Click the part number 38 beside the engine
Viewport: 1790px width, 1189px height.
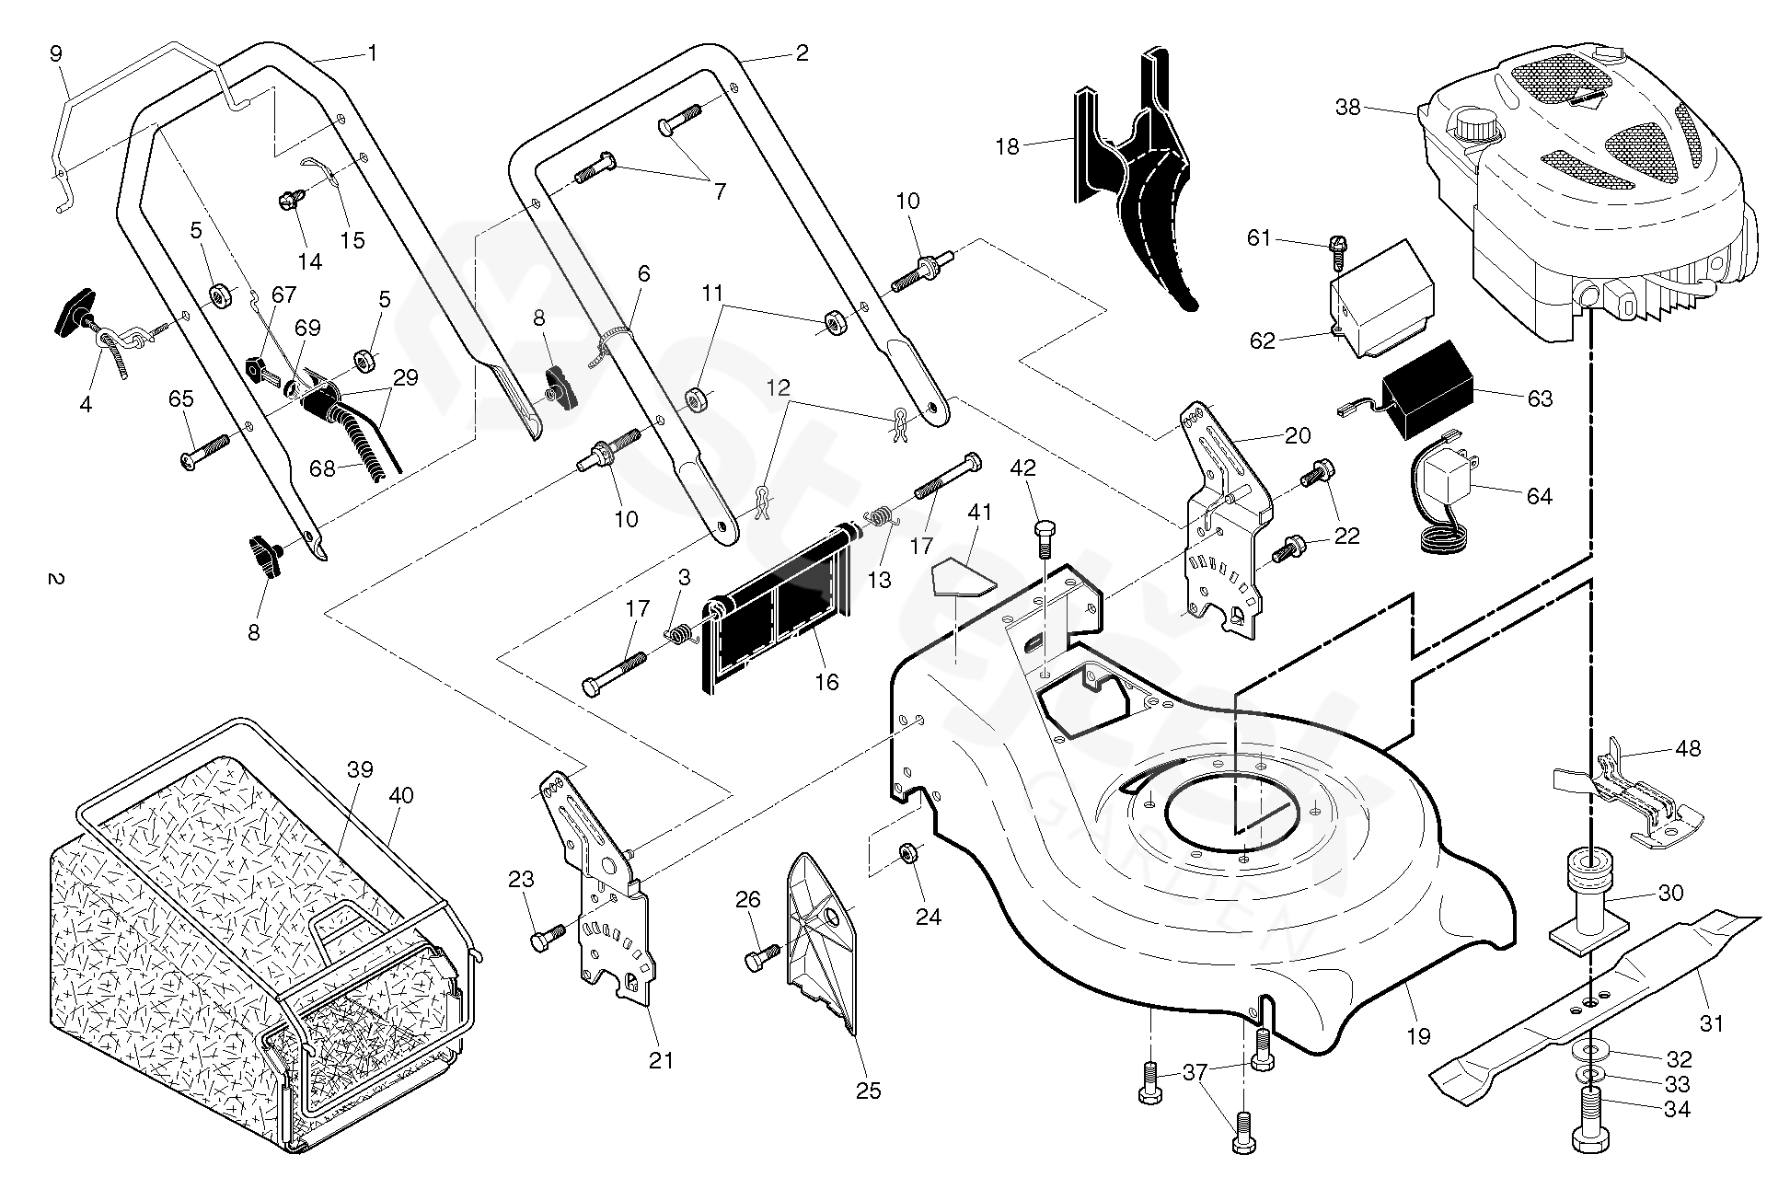click(1347, 108)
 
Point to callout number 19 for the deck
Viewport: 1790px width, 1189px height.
click(1418, 1035)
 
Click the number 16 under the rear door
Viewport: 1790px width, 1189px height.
click(826, 681)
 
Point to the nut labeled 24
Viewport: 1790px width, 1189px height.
click(907, 853)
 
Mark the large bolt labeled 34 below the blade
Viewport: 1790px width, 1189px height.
click(1590, 1115)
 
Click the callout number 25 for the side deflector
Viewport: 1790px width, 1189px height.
click(868, 1091)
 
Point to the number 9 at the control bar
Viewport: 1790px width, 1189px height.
click(55, 53)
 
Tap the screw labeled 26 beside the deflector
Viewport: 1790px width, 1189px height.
click(762, 957)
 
